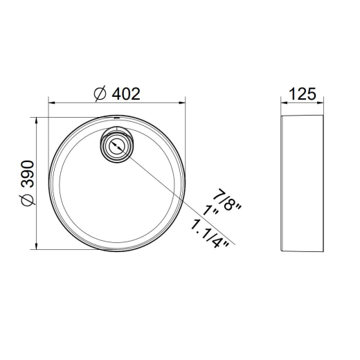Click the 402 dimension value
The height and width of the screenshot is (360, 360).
(x=126, y=94)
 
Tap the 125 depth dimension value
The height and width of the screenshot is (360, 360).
(x=302, y=94)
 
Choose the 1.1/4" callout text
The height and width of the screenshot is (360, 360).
(x=210, y=234)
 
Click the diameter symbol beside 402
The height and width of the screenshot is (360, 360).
(x=100, y=94)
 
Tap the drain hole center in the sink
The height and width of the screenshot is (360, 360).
(x=117, y=146)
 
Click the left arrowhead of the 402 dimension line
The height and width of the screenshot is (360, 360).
(x=51, y=103)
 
